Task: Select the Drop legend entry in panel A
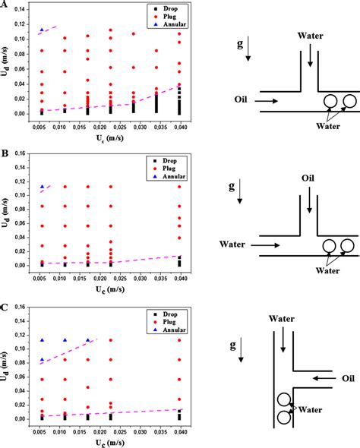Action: (159, 9)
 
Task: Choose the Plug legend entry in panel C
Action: (159, 317)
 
